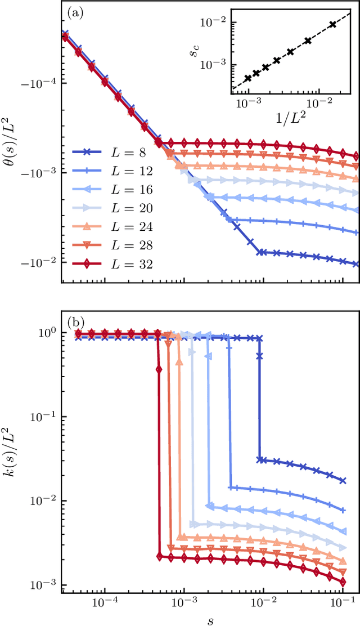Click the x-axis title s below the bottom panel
210,618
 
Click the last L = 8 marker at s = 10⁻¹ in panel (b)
343,480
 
